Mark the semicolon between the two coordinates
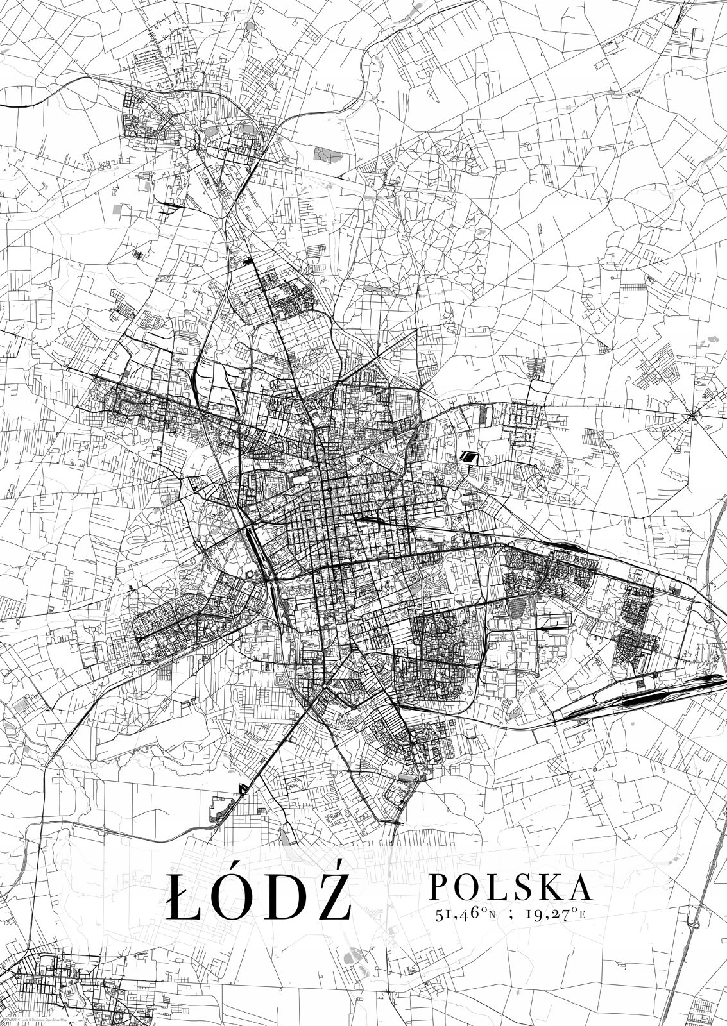pos(511,915)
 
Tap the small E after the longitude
pos(582,916)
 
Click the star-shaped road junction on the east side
pos(693,417)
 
